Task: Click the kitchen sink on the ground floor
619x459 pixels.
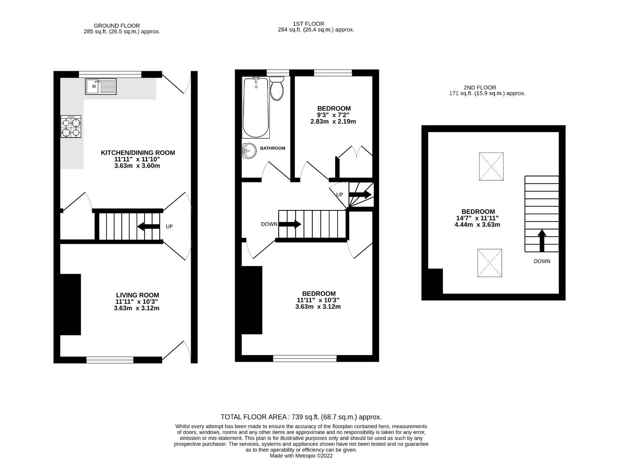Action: click(x=101, y=86)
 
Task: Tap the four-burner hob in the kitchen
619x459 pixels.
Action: click(x=71, y=127)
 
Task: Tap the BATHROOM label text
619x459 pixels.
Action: click(x=272, y=148)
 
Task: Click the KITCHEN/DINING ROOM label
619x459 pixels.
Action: click(x=138, y=153)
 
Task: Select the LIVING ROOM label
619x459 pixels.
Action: click(x=137, y=295)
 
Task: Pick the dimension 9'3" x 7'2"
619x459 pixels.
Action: click(x=333, y=115)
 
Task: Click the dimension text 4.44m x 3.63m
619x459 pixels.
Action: click(x=477, y=224)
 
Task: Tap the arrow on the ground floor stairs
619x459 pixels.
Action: click(x=148, y=227)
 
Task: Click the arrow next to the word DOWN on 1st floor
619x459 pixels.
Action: click(x=290, y=224)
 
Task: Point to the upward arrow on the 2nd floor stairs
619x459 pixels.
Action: click(x=542, y=241)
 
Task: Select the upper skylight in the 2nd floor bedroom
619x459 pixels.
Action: click(x=491, y=167)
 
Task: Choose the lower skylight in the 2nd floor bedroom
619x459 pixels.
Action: click(x=489, y=263)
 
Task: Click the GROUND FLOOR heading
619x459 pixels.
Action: click(x=116, y=25)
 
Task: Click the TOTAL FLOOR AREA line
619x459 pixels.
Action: click(x=301, y=417)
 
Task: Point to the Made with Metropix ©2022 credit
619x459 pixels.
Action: click(x=301, y=456)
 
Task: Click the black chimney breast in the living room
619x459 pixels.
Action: click(x=71, y=304)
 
